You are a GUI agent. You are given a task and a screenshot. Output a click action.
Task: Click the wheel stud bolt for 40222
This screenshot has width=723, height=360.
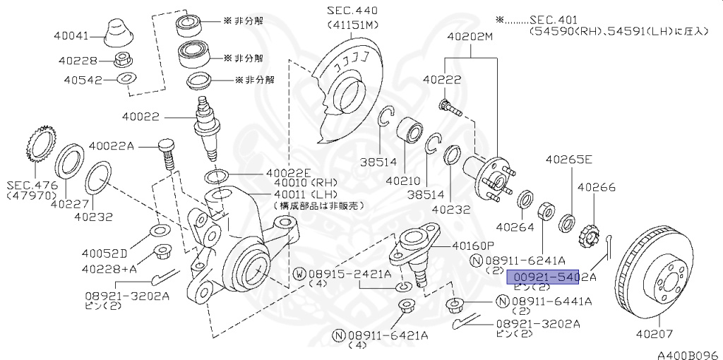(450, 108)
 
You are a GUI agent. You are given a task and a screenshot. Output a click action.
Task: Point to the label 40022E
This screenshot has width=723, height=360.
(288, 173)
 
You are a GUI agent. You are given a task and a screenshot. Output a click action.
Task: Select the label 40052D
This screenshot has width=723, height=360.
(104, 253)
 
